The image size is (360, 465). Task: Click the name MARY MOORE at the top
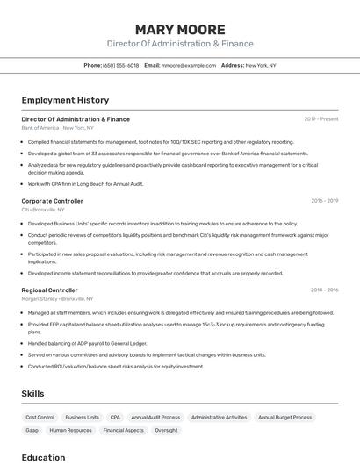pyautogui.click(x=180, y=30)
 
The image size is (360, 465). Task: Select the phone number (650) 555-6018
pyautogui.click(x=120, y=65)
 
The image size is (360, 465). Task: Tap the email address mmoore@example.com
pyautogui.click(x=188, y=65)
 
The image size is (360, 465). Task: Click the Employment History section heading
pyautogui.click(x=65, y=100)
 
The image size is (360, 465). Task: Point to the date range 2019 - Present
pyautogui.click(x=321, y=119)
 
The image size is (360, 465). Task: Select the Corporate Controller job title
pyautogui.click(x=53, y=201)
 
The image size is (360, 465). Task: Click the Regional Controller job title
pyautogui.click(x=50, y=290)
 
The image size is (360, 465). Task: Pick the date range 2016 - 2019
pyautogui.click(x=324, y=201)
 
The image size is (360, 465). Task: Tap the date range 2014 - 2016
pyautogui.click(x=324, y=290)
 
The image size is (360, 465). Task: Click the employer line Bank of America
pyautogui.click(x=57, y=128)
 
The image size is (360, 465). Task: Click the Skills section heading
pyautogui.click(x=32, y=394)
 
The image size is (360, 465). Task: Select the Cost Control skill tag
pyautogui.click(x=40, y=418)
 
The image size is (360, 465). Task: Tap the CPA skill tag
pyautogui.click(x=115, y=418)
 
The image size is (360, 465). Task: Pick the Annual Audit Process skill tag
pyautogui.click(x=155, y=418)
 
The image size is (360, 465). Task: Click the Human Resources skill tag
pyautogui.click(x=71, y=431)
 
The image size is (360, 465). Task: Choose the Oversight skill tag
pyautogui.click(x=166, y=431)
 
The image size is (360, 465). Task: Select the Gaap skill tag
pyautogui.click(x=32, y=431)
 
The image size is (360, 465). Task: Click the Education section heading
pyautogui.click(x=43, y=457)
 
